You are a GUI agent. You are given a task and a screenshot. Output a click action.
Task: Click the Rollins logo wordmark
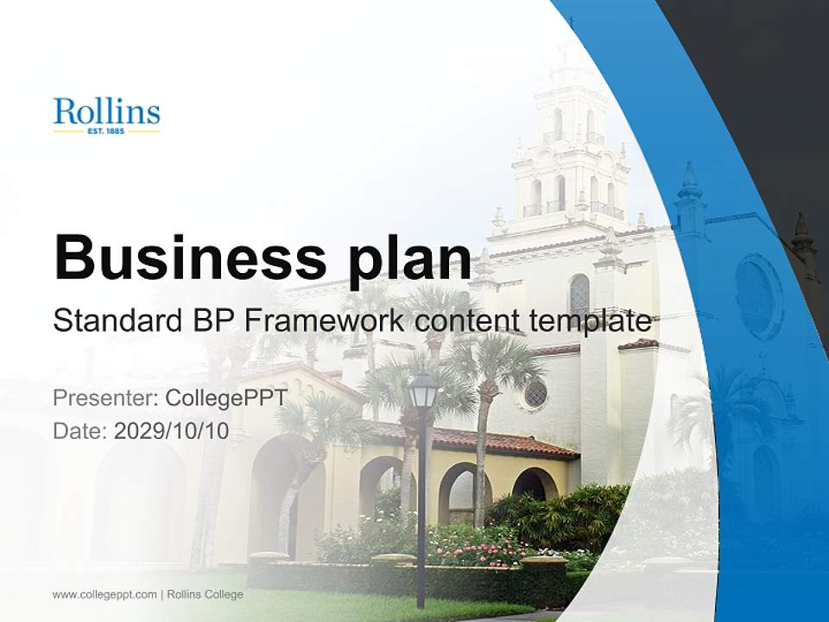click(x=106, y=112)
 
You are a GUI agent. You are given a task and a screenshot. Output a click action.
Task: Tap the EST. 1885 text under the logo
click(x=106, y=132)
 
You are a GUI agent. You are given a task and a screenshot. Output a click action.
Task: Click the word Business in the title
click(x=182, y=257)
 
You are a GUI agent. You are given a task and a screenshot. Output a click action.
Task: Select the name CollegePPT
click(x=225, y=398)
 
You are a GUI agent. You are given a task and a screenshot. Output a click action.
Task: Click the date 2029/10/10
click(x=172, y=431)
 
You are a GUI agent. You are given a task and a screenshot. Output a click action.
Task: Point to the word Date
click(x=79, y=431)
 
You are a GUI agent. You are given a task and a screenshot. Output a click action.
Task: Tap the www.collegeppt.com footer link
click(x=104, y=594)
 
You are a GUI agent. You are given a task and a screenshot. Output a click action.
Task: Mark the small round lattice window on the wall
click(x=535, y=393)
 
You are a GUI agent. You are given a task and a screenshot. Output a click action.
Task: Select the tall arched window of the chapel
click(x=579, y=296)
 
